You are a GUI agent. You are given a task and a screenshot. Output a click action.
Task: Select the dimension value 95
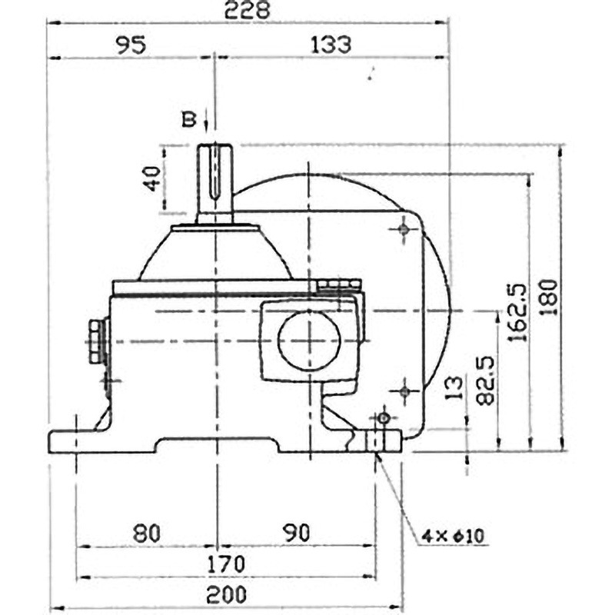point(131,45)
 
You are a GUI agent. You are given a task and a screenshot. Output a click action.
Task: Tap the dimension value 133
point(332,45)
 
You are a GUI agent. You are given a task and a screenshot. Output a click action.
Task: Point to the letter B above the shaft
point(187,119)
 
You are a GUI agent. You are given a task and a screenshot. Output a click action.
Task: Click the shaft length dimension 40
point(151,179)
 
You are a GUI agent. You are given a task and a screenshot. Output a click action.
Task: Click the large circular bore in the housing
point(309,340)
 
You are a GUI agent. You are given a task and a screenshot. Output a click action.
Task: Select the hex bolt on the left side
point(96,342)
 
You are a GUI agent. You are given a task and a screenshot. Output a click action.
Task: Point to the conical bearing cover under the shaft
point(215,254)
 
